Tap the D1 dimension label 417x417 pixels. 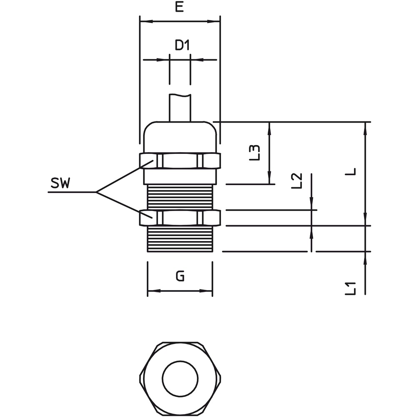[182, 45]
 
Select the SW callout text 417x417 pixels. [60, 183]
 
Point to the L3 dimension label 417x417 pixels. [254, 153]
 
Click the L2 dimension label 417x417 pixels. [297, 181]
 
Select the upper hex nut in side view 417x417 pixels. [180, 161]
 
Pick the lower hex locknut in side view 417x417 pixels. [180, 218]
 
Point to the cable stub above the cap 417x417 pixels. [180, 108]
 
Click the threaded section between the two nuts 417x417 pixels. [180, 197]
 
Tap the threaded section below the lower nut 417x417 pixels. [180, 239]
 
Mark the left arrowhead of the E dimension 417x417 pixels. [146, 21]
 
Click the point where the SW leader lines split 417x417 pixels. [96, 192]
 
